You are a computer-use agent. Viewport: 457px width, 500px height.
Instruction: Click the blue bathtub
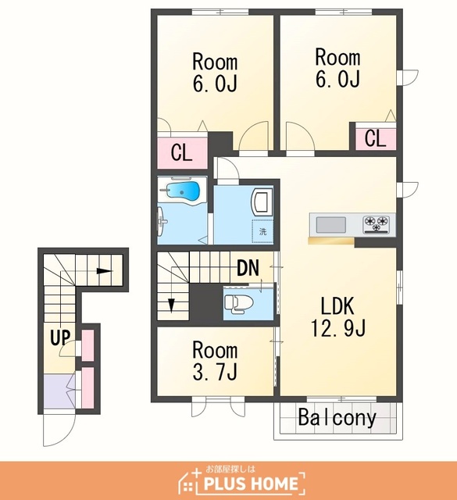(182, 191)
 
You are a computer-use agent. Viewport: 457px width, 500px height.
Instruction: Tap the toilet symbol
(238, 302)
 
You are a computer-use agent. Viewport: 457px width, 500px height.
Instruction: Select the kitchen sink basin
(330, 225)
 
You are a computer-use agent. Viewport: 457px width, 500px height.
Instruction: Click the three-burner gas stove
(377, 224)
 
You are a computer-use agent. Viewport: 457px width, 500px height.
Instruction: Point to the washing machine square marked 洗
(262, 231)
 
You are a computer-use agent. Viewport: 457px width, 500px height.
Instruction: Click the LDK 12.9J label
(337, 316)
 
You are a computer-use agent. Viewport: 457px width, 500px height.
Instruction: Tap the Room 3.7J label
(215, 361)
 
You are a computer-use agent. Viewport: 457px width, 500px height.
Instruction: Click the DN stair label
(248, 268)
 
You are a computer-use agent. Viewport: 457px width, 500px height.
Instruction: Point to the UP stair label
(60, 337)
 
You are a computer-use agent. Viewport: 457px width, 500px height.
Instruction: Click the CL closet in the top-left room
(182, 153)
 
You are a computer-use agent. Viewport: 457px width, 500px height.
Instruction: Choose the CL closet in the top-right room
(376, 138)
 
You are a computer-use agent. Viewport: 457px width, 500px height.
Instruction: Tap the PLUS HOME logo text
(250, 484)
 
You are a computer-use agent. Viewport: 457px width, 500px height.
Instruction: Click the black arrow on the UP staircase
(105, 271)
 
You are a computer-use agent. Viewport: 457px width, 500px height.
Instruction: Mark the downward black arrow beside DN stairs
(172, 305)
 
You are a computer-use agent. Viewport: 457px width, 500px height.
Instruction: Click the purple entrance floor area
(59, 391)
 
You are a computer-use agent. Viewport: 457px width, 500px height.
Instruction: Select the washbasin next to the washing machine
(262, 202)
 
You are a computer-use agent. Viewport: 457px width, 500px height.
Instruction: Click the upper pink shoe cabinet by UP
(88, 345)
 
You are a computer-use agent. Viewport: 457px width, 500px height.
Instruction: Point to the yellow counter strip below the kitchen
(331, 241)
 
